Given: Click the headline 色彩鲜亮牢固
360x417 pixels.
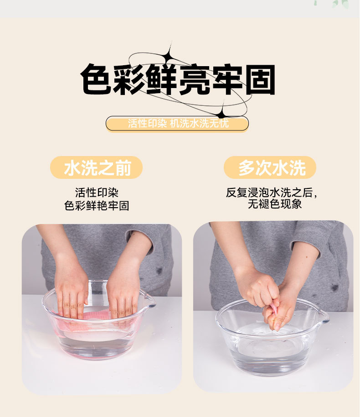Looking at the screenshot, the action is pos(178,79).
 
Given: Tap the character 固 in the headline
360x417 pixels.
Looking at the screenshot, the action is pos(260,80).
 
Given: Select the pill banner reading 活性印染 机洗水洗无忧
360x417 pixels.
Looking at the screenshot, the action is pos(177,123).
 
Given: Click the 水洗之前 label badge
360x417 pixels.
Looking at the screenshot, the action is pos(97,167).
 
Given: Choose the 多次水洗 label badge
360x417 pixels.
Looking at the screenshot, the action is pos(270,167).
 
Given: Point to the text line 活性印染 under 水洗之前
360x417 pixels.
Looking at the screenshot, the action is pos(97,192).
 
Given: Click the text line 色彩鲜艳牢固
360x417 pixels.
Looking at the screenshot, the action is pos(97,206).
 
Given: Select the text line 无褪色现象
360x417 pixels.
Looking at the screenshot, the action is pos(275,204).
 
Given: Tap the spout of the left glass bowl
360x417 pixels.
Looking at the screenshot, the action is pos(150,300).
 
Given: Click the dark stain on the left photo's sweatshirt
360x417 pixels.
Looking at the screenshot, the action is pos(159,271).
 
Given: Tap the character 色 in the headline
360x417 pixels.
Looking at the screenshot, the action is pos(96,79).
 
